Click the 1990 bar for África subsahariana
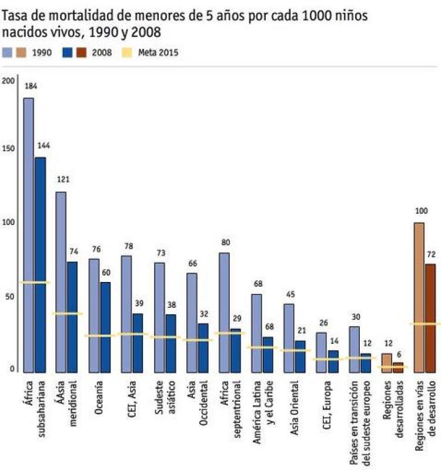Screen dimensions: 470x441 (28, 235)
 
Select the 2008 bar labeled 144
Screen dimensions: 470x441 (40, 264)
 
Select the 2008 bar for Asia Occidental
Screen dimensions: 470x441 (203, 347)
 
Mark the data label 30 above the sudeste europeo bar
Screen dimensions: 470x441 (356, 317)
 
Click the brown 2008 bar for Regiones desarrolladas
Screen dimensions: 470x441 (398, 368)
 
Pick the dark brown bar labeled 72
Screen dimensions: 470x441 (430, 318)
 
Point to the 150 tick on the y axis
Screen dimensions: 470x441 (8, 150)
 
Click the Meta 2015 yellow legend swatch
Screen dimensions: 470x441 (128, 53)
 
